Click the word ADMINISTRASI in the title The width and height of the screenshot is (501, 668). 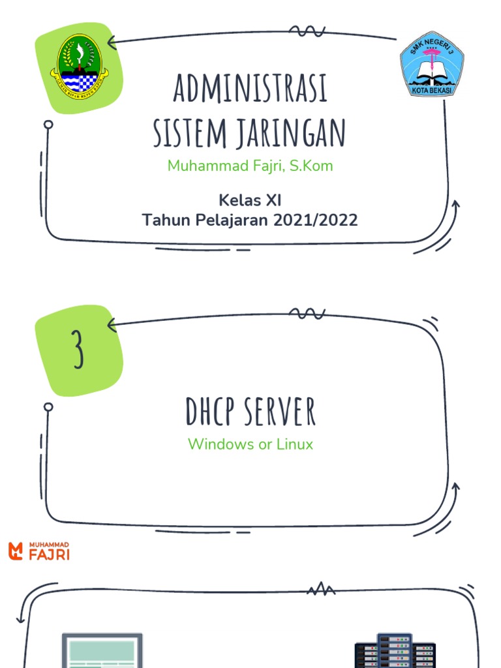[x=250, y=89]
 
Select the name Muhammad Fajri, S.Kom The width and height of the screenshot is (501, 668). [x=250, y=166]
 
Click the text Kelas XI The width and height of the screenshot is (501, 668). [x=250, y=200]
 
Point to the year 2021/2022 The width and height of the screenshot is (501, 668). [x=316, y=220]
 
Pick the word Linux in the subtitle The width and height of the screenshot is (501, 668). [x=295, y=444]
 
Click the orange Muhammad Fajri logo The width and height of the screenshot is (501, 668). [x=39, y=551]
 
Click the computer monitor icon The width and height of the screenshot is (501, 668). [x=102, y=650]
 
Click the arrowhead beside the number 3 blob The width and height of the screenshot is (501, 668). [x=112, y=324]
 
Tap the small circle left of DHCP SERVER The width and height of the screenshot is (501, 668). [x=48, y=407]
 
